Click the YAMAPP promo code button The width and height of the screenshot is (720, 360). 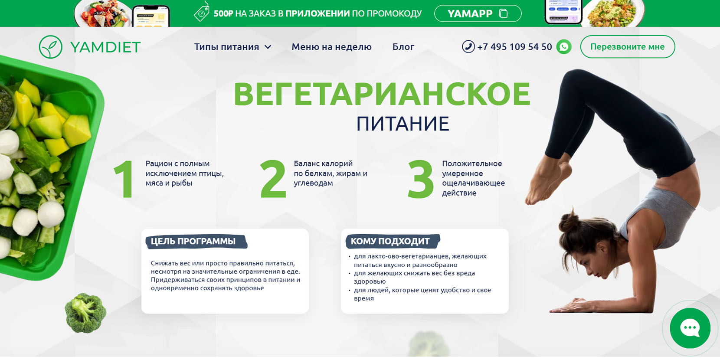(x=478, y=13)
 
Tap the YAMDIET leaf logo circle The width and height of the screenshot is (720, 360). (x=50, y=47)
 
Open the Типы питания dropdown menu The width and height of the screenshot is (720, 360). (x=233, y=47)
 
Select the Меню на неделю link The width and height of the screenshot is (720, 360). (x=331, y=47)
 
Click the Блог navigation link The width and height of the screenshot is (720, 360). (x=403, y=47)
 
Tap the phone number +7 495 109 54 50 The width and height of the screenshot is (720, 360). (x=514, y=47)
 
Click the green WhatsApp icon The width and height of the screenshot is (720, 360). (x=564, y=47)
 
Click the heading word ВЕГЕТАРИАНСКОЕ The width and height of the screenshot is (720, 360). (x=382, y=94)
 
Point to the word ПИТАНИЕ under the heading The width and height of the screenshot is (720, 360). (x=403, y=124)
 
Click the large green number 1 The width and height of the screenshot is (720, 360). (x=124, y=179)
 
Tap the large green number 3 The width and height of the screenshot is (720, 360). (x=420, y=179)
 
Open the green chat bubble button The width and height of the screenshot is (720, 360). (x=690, y=328)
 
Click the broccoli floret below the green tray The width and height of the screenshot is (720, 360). (x=85, y=313)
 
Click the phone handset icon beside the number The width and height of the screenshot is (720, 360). (x=468, y=46)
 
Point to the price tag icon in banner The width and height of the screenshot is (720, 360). (x=202, y=12)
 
